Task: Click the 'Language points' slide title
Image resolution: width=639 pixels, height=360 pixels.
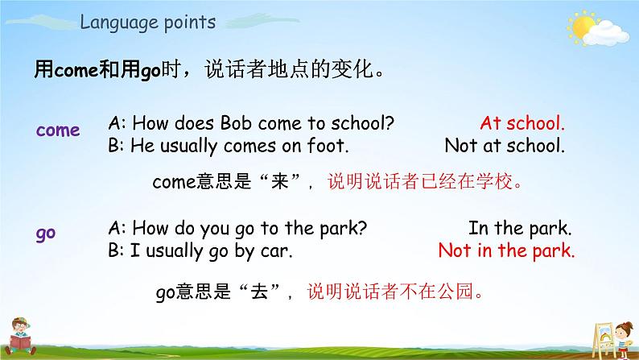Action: click(147, 23)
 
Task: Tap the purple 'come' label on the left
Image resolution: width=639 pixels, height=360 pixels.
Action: click(58, 130)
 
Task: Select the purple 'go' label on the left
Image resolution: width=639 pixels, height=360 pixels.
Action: click(45, 234)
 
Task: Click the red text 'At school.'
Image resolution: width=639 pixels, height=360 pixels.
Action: click(522, 124)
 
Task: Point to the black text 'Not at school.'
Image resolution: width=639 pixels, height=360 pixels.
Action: click(505, 147)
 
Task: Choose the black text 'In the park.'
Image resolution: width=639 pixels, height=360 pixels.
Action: click(520, 227)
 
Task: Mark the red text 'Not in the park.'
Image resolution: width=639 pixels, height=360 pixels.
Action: click(506, 250)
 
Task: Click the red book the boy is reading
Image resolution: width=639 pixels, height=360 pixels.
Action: click(20, 341)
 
